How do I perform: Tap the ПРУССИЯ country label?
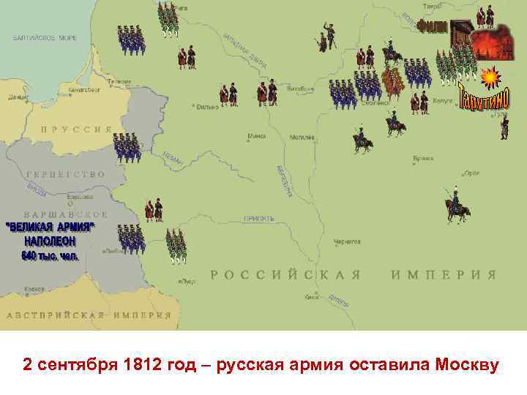tap(76, 129)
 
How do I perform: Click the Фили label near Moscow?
tap(433, 28)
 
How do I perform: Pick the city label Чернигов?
tap(348, 241)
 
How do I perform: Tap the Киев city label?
tap(312, 297)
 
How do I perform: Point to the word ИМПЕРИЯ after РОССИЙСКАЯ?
tap(444, 275)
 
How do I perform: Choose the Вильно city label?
tap(206, 107)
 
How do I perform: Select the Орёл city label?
tap(473, 173)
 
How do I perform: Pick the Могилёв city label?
tap(302, 137)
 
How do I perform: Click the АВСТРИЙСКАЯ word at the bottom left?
tap(55, 316)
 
